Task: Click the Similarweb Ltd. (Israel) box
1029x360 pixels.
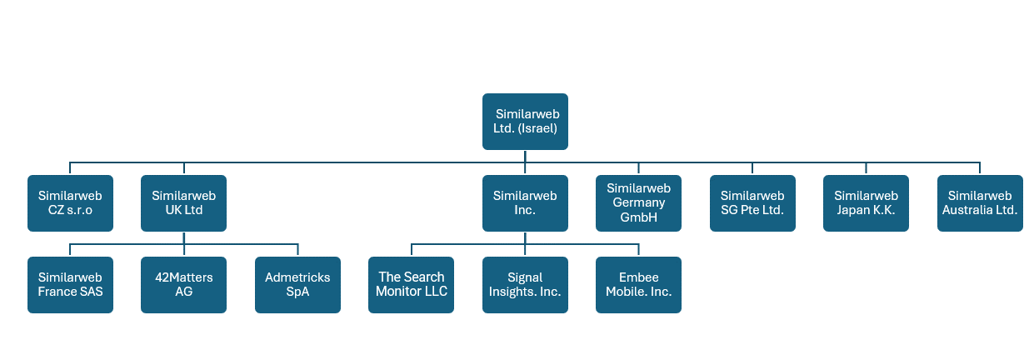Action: (525, 122)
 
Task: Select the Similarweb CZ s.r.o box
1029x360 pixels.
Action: (70, 203)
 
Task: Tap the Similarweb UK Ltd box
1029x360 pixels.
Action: (183, 203)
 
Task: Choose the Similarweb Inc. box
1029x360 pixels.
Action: (525, 203)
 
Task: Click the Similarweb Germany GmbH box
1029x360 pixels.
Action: (638, 203)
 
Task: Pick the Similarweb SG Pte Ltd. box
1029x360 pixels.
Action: (752, 203)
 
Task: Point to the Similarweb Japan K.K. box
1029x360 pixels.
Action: (866, 203)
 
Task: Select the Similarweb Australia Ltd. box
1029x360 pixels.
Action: (980, 203)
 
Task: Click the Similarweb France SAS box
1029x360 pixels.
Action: (70, 285)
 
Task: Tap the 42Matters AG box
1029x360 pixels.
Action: (183, 285)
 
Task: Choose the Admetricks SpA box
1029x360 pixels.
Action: (297, 285)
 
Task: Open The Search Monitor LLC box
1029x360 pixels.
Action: (411, 285)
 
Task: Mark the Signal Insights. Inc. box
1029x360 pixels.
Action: (525, 285)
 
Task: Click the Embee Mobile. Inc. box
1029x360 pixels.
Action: (638, 285)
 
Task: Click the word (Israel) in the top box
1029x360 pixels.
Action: (537, 129)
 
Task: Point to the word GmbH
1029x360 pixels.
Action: (638, 217)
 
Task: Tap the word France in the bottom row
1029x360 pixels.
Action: (58, 292)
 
